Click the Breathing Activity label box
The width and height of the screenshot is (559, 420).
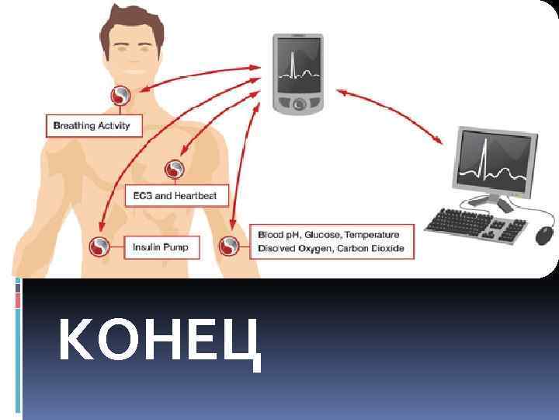92,125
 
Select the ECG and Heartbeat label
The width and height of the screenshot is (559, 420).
177,195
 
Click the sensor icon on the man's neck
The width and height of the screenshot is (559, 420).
121,97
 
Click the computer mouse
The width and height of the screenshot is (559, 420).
545,234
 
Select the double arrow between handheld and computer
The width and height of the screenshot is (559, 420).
388,116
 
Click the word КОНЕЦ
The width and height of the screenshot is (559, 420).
158,343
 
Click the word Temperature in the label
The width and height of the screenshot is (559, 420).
371,234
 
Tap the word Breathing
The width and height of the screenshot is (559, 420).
74,125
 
